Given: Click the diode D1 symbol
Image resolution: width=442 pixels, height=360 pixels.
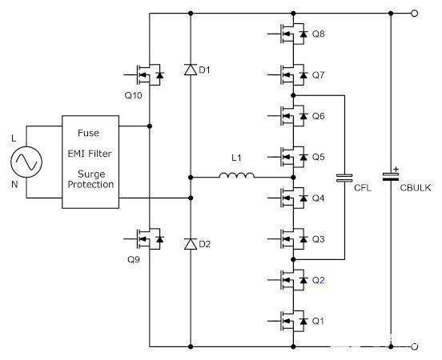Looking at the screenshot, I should point(190,70).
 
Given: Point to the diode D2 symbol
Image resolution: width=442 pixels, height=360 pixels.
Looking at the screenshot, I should point(190,242).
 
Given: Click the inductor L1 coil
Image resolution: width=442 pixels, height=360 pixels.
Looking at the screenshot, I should point(239,175).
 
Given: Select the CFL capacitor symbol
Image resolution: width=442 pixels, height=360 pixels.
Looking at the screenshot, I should point(344,178).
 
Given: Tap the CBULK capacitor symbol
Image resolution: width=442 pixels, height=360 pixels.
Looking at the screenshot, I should point(391,178).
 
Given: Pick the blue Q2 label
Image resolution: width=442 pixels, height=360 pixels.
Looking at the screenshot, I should point(319,280).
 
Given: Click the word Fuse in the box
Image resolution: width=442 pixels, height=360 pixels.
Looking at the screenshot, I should point(89,133).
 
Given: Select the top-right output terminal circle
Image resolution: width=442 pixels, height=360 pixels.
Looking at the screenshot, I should point(414,14).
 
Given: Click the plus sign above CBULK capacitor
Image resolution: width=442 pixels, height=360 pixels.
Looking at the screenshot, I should point(396,169).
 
